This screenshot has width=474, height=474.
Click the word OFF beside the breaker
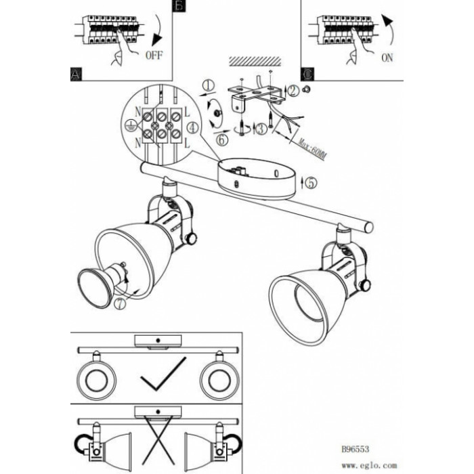pyautogui.click(x=154, y=58)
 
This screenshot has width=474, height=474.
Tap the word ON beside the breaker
pyautogui.click(x=387, y=58)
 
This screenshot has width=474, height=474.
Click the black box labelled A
pyautogui.click(x=76, y=74)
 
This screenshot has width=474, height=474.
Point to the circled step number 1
pyautogui.click(x=209, y=85)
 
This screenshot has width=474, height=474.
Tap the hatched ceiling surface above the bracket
pyautogui.click(x=250, y=62)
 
